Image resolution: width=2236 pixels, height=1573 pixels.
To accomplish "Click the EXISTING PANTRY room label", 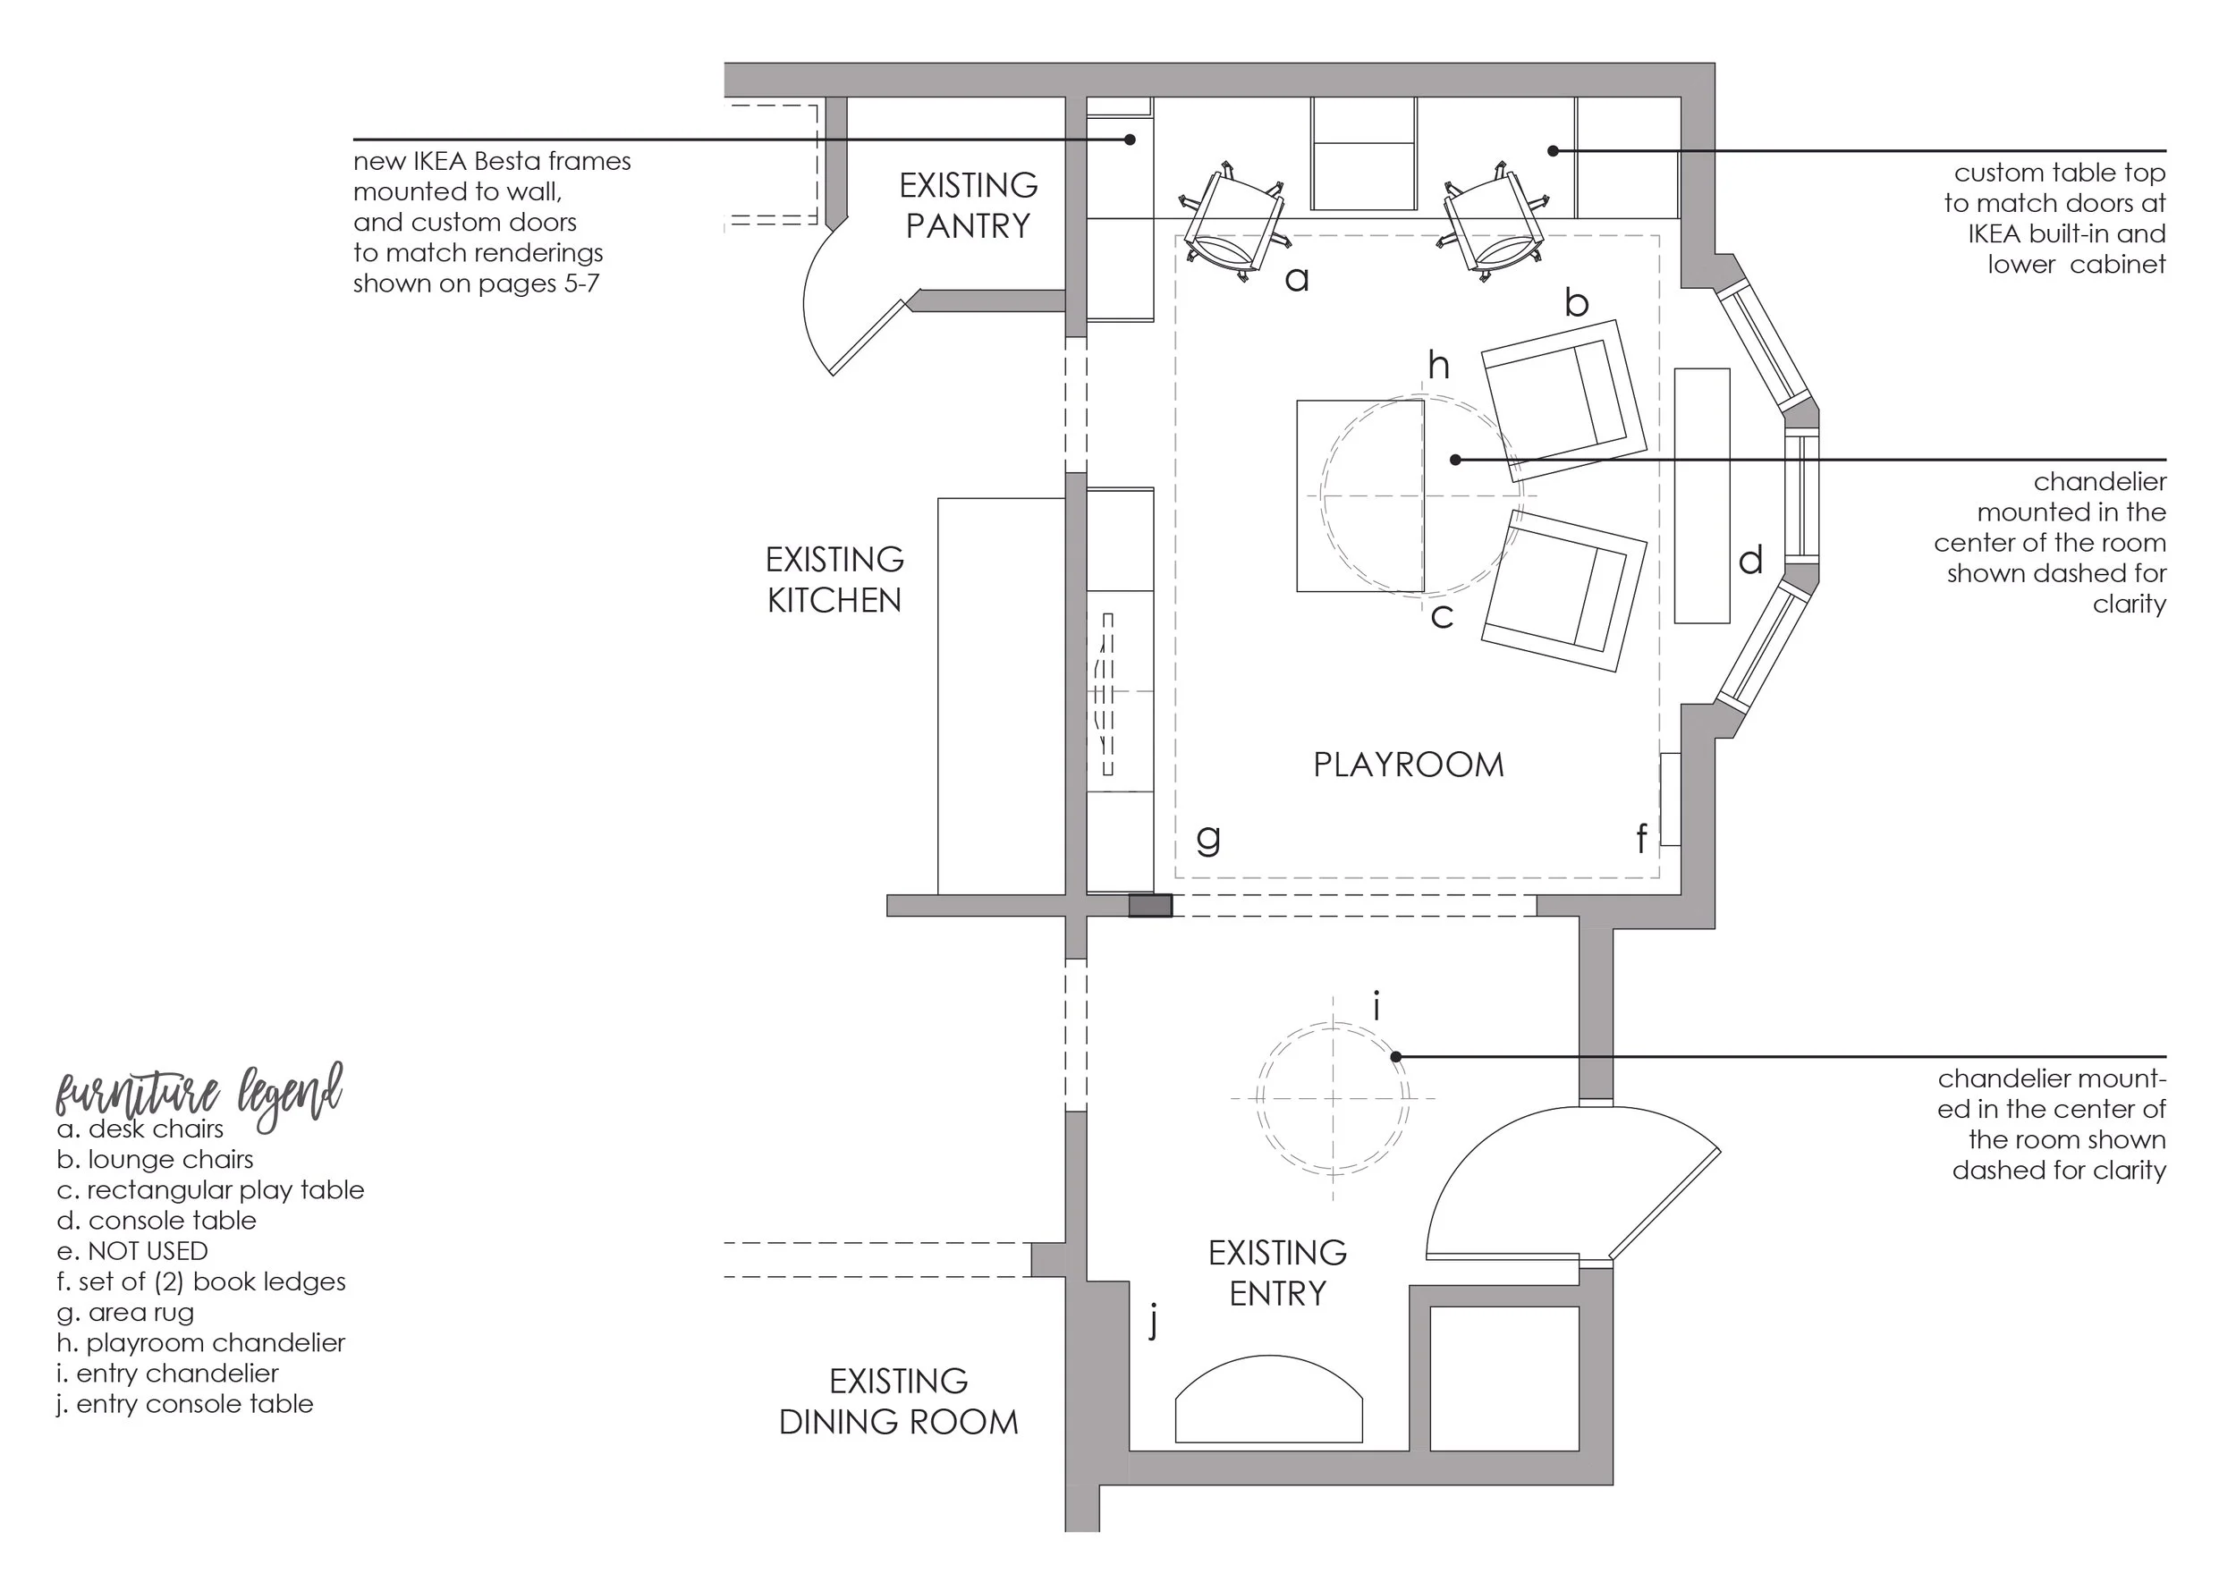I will click(967, 206).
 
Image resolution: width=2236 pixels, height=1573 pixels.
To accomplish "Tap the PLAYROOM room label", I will click(1407, 765).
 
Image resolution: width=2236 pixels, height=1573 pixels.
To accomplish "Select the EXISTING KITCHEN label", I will click(834, 579).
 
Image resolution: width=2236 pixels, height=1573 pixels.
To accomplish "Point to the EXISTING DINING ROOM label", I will click(898, 1401).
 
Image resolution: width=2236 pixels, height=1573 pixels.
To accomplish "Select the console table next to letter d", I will click(1701, 495).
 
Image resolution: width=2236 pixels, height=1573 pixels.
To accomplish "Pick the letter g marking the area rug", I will click(1207, 838).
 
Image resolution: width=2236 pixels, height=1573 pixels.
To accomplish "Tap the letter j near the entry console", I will click(1154, 1323).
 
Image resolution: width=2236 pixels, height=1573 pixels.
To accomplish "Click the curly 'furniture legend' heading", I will click(199, 1094).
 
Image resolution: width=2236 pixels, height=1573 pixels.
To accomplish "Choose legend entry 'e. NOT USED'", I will click(132, 1250).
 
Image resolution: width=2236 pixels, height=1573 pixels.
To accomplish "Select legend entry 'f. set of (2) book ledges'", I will click(200, 1281).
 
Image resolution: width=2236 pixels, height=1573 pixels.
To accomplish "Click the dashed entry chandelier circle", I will click(1333, 1099).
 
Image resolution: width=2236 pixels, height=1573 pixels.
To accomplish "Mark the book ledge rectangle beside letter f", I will click(1669, 799).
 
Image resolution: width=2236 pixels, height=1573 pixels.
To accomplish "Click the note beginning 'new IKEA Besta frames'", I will click(492, 222).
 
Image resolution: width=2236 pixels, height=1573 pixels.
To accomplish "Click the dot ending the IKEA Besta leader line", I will click(1130, 140).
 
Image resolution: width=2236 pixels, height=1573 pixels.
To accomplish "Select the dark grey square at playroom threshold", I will click(1149, 906).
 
